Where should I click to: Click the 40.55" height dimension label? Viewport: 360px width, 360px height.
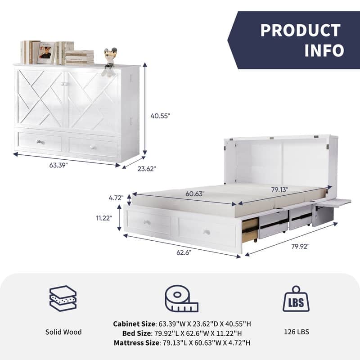coord(160,116)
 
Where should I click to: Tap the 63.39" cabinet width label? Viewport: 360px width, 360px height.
coord(58,165)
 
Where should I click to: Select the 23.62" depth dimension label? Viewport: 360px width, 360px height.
coord(147,169)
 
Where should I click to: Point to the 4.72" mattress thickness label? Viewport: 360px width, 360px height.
coord(116,198)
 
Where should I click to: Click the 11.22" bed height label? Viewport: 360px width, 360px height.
coord(104,218)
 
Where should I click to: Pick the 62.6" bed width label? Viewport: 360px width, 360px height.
coord(184,252)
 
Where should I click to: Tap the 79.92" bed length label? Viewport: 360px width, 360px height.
coord(300,246)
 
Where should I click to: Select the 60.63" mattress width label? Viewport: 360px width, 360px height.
coord(195,194)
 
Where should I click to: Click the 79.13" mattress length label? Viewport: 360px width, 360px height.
coord(279,189)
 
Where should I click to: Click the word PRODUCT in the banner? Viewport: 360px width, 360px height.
coord(300,30)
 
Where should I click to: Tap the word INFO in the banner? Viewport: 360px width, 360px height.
coord(324,50)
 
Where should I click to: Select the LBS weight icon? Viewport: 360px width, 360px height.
coord(296,299)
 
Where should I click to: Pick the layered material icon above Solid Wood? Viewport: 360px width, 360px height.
coord(63,298)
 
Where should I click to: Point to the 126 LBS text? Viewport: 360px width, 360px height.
coord(297,332)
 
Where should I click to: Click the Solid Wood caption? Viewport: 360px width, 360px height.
coord(63,332)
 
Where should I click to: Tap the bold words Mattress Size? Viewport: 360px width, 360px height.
coord(136,343)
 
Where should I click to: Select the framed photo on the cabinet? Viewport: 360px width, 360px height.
coord(46,53)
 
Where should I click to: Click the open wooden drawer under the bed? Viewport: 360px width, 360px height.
coord(250,230)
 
